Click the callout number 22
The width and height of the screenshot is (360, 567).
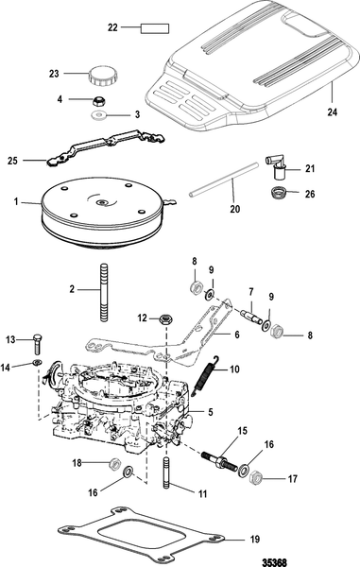112,27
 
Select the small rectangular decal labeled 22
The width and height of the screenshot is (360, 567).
155,28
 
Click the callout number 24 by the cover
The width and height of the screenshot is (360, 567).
333,112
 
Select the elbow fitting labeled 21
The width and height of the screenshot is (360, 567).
277,166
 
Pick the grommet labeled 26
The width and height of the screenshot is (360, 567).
279,192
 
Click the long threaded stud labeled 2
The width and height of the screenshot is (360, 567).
104,291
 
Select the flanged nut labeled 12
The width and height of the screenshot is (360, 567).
165,319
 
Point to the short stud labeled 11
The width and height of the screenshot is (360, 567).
167,473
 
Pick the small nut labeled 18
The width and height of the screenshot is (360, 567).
115,463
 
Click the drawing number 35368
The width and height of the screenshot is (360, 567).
274,562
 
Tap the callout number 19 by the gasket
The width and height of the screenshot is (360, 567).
255,540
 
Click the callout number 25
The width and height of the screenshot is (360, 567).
12,161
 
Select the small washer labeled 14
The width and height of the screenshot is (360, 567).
38,362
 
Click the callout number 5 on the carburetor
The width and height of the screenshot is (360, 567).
211,412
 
